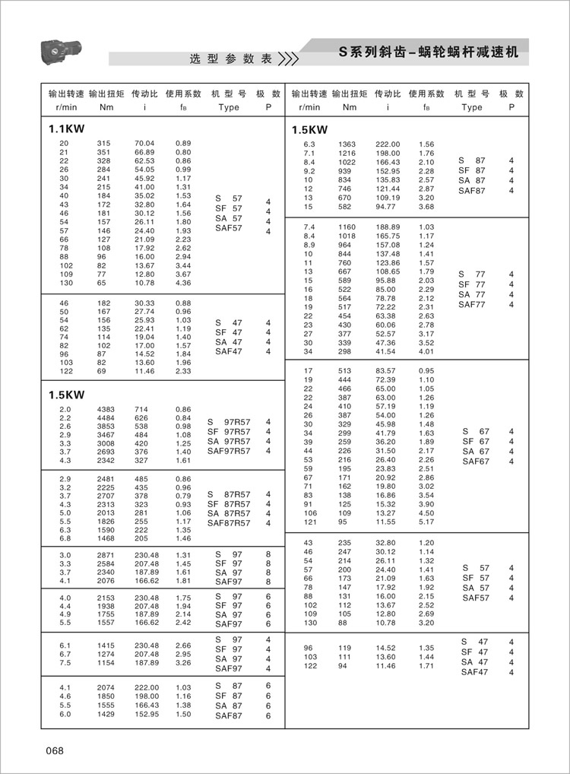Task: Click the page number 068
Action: click(55, 751)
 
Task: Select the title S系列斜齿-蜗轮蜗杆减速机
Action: click(428, 53)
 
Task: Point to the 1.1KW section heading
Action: click(66, 129)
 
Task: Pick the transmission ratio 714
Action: click(141, 410)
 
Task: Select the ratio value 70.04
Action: click(144, 143)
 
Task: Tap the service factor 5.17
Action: click(426, 522)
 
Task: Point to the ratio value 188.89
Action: click(388, 227)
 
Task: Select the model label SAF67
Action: click(476, 461)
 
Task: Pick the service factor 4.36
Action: click(183, 283)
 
